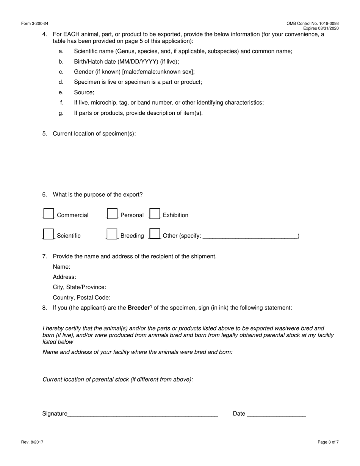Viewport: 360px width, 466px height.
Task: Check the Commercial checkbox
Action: (x=49, y=214)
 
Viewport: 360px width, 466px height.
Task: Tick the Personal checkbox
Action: (x=112, y=214)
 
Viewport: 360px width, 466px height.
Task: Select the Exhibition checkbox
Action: (x=155, y=214)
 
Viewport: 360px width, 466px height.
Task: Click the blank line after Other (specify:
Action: (x=250, y=236)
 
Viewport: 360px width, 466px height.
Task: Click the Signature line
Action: (x=142, y=414)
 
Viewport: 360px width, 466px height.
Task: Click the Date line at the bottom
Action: (x=276, y=414)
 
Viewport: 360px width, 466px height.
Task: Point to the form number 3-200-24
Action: (x=35, y=23)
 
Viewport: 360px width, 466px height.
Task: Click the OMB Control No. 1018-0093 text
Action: (x=313, y=23)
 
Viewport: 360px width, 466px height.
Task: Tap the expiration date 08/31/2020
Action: (x=329, y=28)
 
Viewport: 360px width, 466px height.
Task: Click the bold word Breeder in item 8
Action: (x=139, y=308)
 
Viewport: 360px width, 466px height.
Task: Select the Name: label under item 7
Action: (x=61, y=267)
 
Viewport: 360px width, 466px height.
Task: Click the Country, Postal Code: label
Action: (x=81, y=298)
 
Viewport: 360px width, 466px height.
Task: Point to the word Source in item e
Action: (x=84, y=92)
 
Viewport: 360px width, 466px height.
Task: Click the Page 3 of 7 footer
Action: (x=328, y=442)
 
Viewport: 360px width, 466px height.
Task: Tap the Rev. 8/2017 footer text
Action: (x=32, y=442)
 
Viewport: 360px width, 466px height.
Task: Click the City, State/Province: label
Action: (x=79, y=288)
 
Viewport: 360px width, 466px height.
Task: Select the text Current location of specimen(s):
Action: (x=94, y=134)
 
